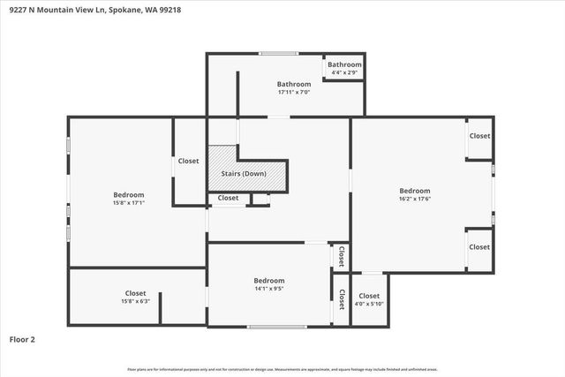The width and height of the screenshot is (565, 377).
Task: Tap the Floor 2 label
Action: click(22, 338)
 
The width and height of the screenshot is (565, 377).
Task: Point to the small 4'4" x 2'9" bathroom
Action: click(344, 67)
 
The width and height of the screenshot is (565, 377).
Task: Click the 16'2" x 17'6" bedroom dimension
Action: click(414, 199)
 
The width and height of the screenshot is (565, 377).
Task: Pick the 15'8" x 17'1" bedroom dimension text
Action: click(129, 203)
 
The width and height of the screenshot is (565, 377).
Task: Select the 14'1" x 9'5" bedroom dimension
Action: click(269, 288)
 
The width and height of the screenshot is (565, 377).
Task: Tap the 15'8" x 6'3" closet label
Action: click(135, 301)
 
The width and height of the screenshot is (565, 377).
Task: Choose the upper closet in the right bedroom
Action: click(479, 136)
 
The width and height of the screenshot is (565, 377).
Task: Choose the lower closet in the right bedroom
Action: click(479, 247)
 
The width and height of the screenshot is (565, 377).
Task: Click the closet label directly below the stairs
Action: click(228, 198)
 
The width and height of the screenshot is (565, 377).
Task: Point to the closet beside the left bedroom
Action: click(189, 162)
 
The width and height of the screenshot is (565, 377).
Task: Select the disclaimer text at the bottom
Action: click(282, 369)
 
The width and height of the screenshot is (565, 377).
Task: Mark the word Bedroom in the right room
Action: click(414, 191)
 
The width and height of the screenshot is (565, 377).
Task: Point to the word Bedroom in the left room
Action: click(129, 195)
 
